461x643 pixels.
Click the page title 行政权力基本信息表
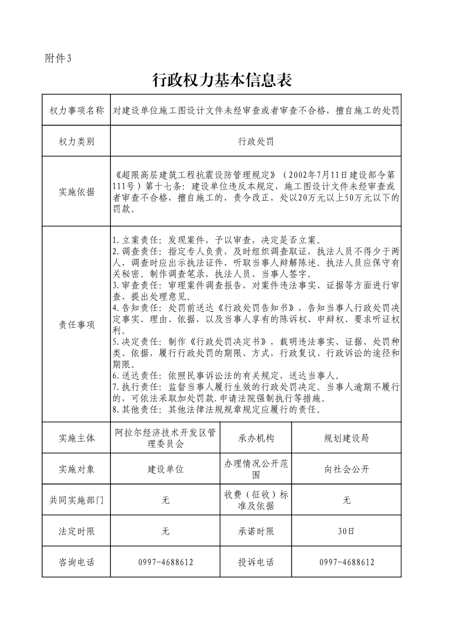(221, 81)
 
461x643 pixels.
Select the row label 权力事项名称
(77, 110)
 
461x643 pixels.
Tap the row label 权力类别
(77, 141)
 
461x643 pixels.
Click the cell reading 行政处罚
(255, 141)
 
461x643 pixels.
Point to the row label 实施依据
(77, 192)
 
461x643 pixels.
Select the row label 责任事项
(77, 325)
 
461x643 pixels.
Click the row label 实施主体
(77, 438)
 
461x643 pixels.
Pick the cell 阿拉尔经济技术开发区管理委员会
(165, 438)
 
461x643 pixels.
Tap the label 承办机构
(256, 438)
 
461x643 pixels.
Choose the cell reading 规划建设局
(346, 438)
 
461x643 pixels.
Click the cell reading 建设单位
(165, 469)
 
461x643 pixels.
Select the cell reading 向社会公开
(346, 469)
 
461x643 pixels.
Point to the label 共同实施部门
(77, 500)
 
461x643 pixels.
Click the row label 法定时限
(77, 531)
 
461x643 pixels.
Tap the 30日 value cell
(346, 531)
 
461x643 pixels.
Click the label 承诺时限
(256, 531)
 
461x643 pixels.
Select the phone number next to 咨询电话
(165, 562)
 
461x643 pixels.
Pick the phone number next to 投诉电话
(346, 562)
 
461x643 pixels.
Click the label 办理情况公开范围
(256, 469)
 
